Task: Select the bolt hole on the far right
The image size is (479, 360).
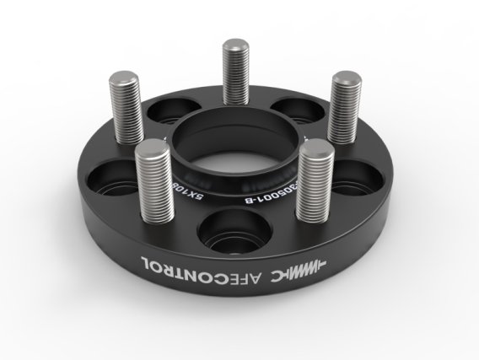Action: (x=358, y=180)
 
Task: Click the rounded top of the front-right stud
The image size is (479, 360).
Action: (x=314, y=148)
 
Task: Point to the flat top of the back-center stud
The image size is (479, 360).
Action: (x=234, y=44)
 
